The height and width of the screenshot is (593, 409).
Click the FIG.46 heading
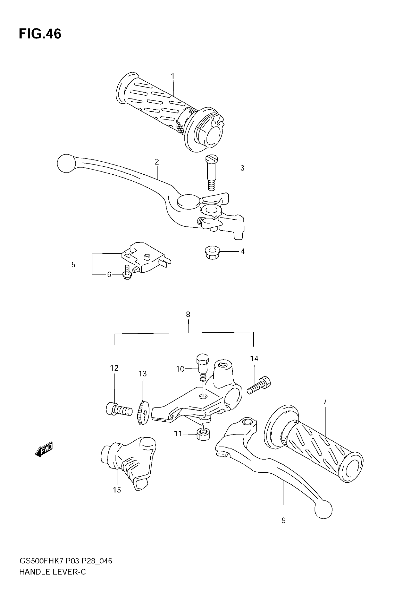pyautogui.click(x=40, y=34)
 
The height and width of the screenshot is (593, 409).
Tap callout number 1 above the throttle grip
pyautogui.click(x=173, y=76)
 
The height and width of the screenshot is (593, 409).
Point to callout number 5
pyautogui.click(x=73, y=265)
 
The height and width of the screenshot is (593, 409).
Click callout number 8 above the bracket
pyautogui.click(x=188, y=315)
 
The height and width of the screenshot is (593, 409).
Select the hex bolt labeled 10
pyautogui.click(x=202, y=367)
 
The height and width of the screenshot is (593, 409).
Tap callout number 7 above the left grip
pyautogui.click(x=325, y=402)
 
